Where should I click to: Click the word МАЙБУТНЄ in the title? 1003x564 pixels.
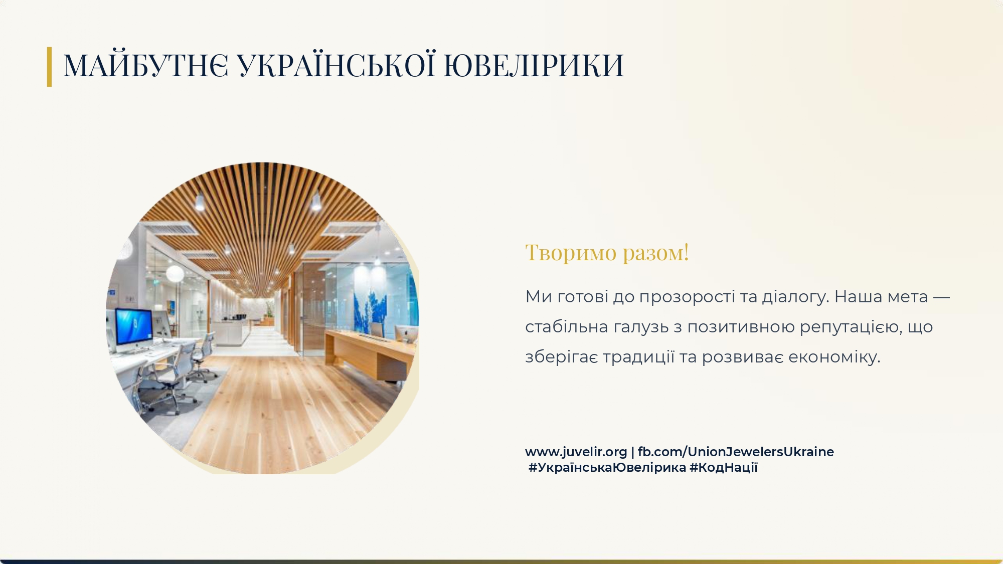pyautogui.click(x=146, y=65)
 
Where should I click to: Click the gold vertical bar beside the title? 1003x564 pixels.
pyautogui.click(x=49, y=67)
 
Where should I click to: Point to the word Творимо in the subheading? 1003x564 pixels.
pyautogui.click(x=571, y=252)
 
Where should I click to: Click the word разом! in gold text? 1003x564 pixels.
pyautogui.click(x=656, y=253)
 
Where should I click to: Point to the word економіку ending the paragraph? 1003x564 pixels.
pyautogui.click(x=834, y=357)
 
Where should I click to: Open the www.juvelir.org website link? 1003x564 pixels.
pyautogui.click(x=576, y=452)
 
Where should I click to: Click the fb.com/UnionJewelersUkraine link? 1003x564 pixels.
pyautogui.click(x=736, y=452)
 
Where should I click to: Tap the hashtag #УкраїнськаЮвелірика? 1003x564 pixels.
pyautogui.click(x=607, y=467)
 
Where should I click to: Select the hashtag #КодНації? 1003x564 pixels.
pyautogui.click(x=724, y=467)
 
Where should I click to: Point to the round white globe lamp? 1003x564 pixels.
pyautogui.click(x=175, y=274)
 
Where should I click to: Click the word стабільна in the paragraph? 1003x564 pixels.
pyautogui.click(x=567, y=327)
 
